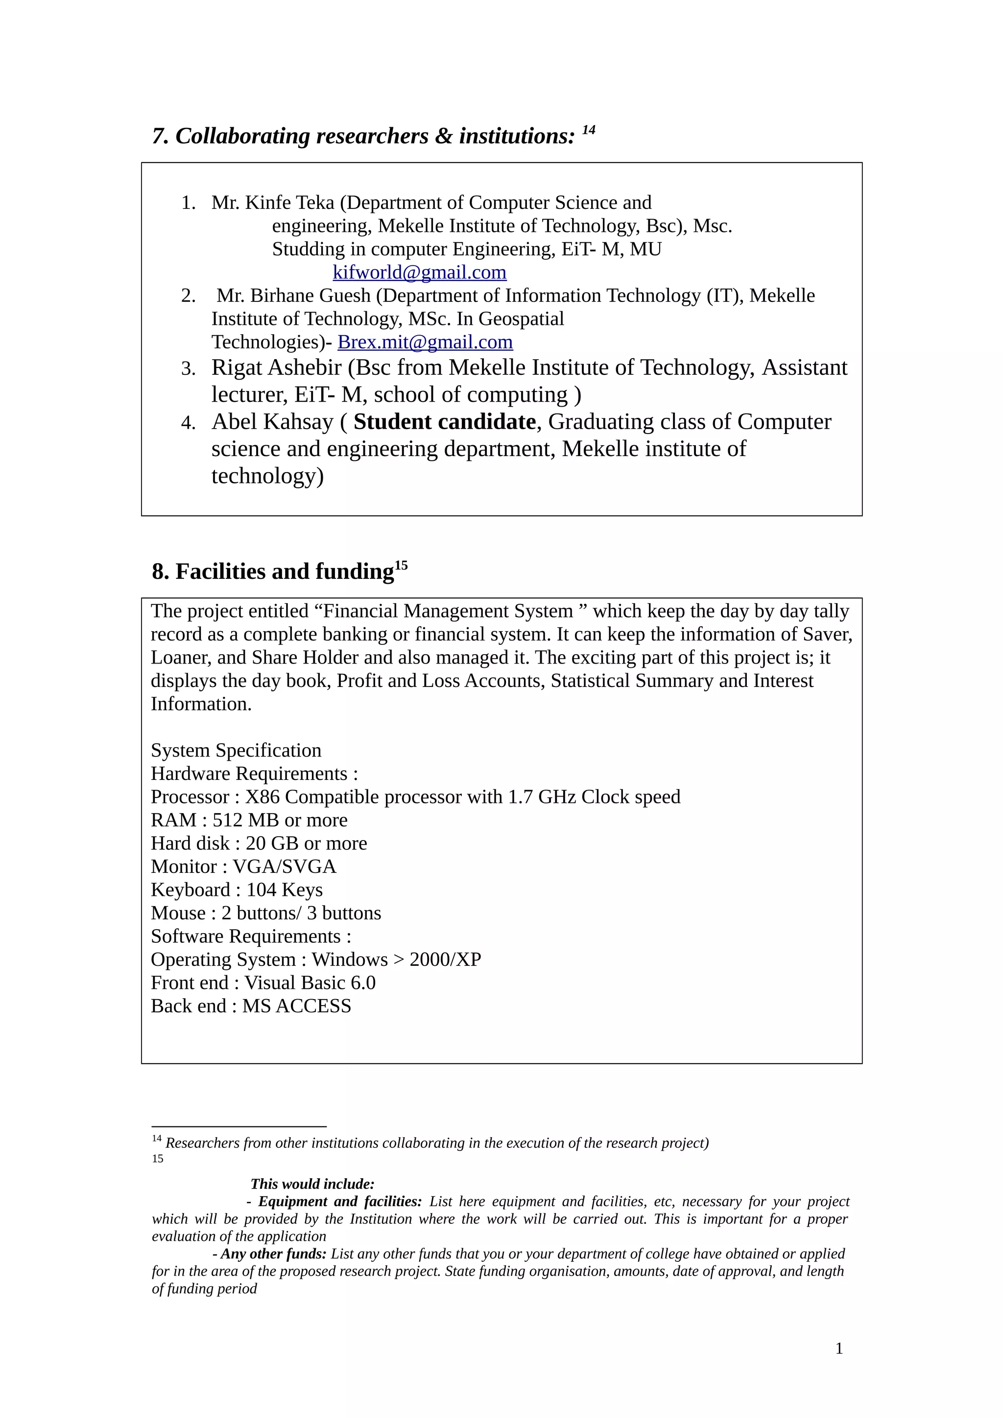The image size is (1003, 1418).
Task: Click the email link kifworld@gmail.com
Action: [x=419, y=273]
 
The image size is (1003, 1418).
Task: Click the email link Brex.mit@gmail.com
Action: [x=425, y=342]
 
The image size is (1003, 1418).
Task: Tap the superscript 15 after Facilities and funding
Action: [x=401, y=565]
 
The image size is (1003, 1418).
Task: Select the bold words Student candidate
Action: [x=444, y=422]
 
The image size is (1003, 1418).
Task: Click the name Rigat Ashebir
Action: [x=276, y=368]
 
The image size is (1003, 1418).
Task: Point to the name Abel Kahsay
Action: [x=272, y=422]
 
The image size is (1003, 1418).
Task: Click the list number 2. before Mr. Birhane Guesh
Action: [x=188, y=296]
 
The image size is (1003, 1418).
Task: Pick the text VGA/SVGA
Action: [x=284, y=867]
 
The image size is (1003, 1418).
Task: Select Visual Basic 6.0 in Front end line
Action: [x=310, y=983]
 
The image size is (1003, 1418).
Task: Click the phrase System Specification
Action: [x=236, y=751]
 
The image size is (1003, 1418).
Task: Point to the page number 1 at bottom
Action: [x=838, y=1348]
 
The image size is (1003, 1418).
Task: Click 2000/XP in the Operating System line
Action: [x=445, y=960]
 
